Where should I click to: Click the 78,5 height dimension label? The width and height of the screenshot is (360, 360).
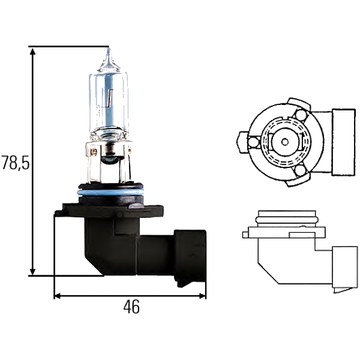click(x=15, y=163)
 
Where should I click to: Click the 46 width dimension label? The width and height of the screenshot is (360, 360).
click(x=131, y=307)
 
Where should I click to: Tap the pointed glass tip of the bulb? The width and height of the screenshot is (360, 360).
click(x=109, y=56)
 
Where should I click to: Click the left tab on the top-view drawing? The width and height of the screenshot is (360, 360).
click(x=241, y=142)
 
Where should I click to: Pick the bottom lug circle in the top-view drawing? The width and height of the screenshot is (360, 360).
click(x=302, y=172)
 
